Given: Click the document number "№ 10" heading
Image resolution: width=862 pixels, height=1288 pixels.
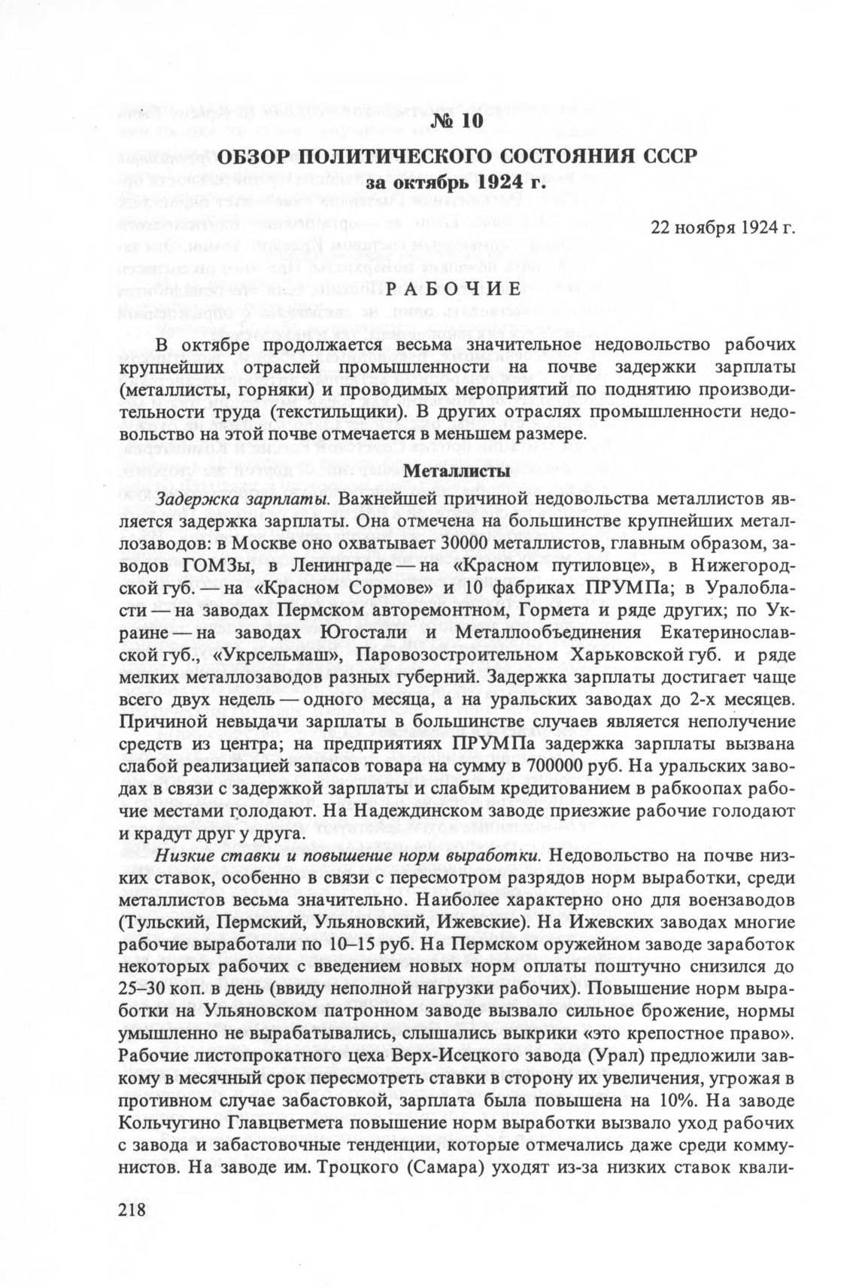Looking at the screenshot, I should point(458,121).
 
